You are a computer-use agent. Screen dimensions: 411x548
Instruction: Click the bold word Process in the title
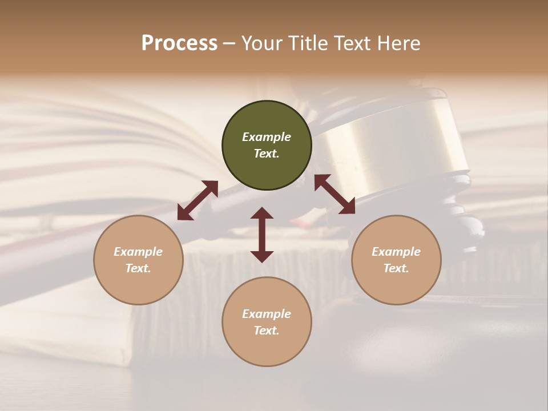[179, 43]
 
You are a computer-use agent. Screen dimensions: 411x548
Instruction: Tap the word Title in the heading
[304, 43]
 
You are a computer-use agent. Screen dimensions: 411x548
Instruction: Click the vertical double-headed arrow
[262, 235]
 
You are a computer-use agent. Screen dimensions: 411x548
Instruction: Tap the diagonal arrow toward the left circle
[198, 200]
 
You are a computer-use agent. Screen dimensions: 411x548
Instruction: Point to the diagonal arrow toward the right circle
[335, 195]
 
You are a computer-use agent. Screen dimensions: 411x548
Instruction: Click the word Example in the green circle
[267, 137]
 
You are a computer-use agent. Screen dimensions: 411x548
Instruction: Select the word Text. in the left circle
[138, 268]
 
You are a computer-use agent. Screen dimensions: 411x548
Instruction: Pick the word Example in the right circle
[396, 252]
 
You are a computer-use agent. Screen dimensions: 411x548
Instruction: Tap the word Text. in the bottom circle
[267, 331]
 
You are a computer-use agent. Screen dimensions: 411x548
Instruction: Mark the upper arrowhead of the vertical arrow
[262, 214]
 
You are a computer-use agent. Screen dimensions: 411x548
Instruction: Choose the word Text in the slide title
[350, 43]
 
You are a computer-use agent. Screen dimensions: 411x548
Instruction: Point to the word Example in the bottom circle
[267, 314]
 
